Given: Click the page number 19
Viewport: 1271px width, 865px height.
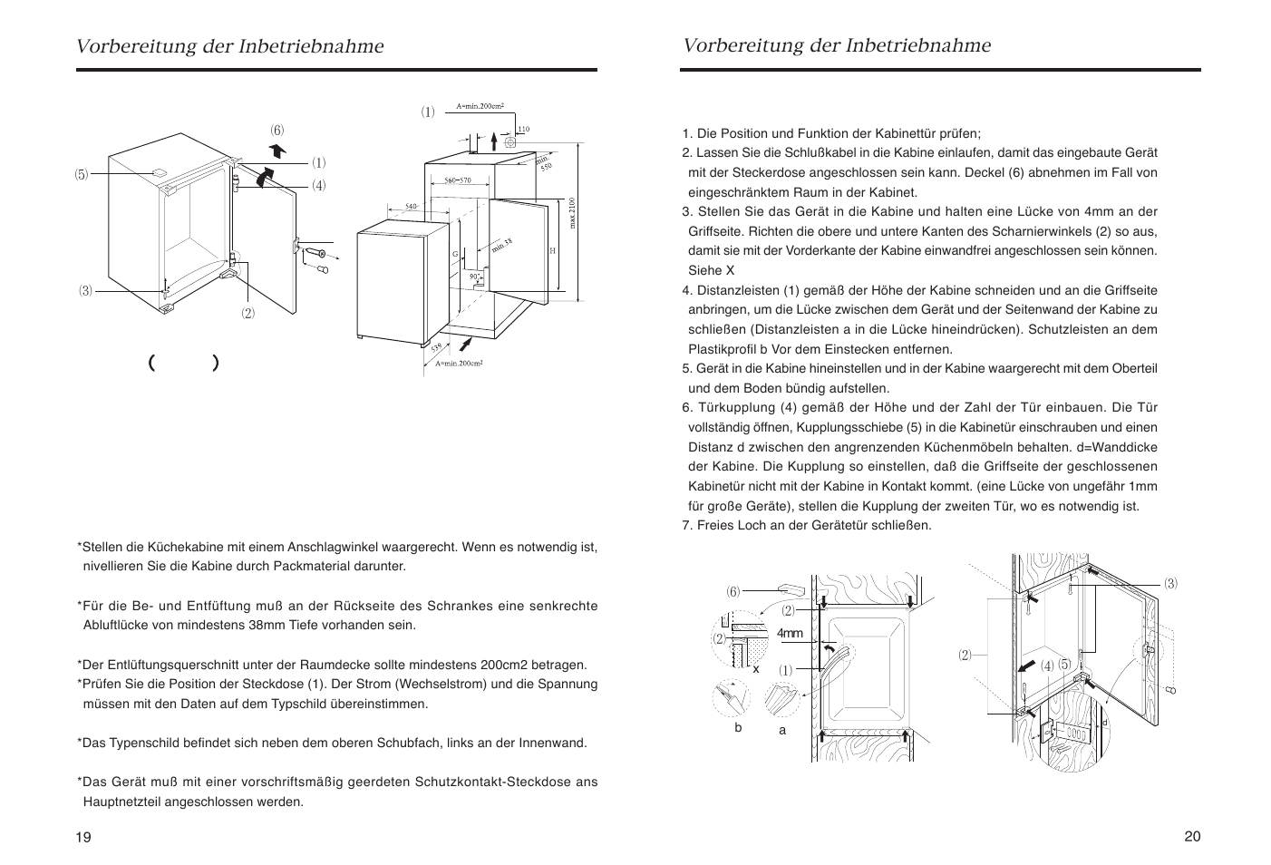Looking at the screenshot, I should [83, 837].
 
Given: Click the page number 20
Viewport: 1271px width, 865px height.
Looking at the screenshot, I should [1192, 836].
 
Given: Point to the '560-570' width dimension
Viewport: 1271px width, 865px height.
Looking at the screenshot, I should [457, 180].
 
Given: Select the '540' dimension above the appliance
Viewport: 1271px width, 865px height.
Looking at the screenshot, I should [411, 207].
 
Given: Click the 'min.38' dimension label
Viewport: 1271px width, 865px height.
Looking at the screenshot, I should [502, 244].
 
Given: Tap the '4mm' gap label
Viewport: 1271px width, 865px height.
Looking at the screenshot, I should [790, 633].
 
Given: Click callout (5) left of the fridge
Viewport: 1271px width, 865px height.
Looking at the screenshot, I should [82, 174].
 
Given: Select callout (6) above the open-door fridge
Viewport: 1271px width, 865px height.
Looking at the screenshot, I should [277, 130].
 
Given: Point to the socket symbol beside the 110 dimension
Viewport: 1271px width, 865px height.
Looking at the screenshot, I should [509, 141].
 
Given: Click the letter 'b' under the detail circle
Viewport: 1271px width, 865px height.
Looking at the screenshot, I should [738, 727].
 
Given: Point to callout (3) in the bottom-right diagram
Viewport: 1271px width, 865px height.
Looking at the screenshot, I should [1171, 583].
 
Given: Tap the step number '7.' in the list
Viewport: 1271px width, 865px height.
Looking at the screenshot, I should [687, 526].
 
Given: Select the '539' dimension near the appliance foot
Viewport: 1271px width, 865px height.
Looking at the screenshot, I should [436, 347].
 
